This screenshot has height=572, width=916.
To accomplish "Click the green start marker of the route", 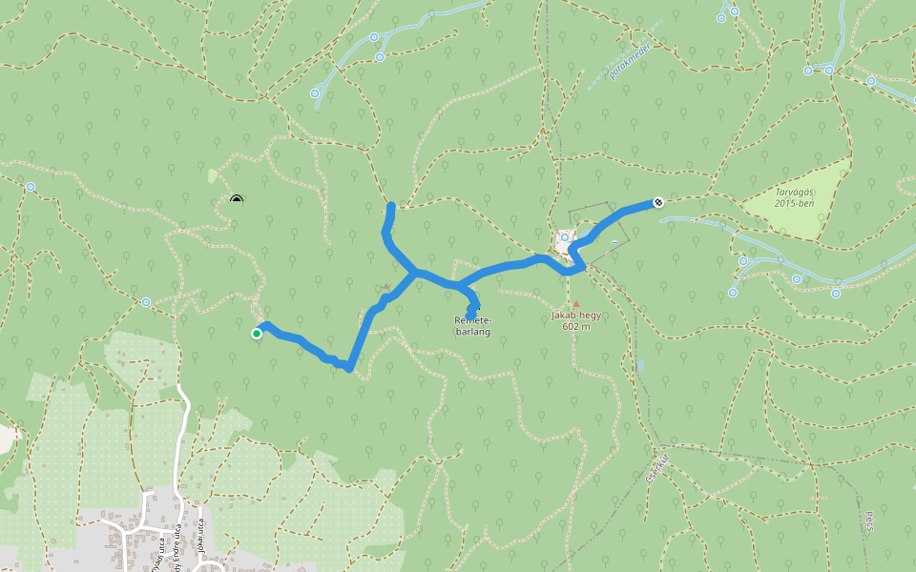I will coord(257,333).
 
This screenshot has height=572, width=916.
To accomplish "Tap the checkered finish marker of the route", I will coord(658,202).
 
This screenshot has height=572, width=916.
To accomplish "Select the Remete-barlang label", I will coord(472,325).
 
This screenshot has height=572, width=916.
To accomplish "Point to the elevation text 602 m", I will coord(576,326).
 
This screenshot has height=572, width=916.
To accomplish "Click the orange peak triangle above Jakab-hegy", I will coord(575,303).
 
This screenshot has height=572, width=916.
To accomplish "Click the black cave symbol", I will coord(237,199).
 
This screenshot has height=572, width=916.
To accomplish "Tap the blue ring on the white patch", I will coord(565,236).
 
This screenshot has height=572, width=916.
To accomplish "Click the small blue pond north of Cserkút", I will coord(639,364).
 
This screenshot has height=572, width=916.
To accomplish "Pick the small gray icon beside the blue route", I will coord(386,286).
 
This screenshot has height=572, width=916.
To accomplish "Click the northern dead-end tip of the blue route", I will coord(391,205).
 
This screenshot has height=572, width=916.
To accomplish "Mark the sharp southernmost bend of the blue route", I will coord(349,367).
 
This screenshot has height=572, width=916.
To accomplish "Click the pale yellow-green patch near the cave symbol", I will coord(212,175).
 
